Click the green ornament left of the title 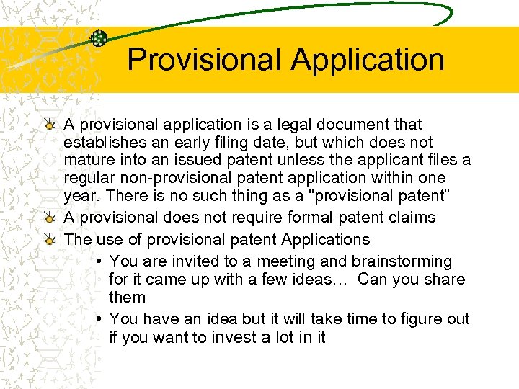coord(99,38)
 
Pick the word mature coord(86,160)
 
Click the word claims coord(412,218)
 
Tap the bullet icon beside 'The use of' coord(48,239)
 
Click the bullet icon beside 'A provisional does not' coord(48,218)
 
